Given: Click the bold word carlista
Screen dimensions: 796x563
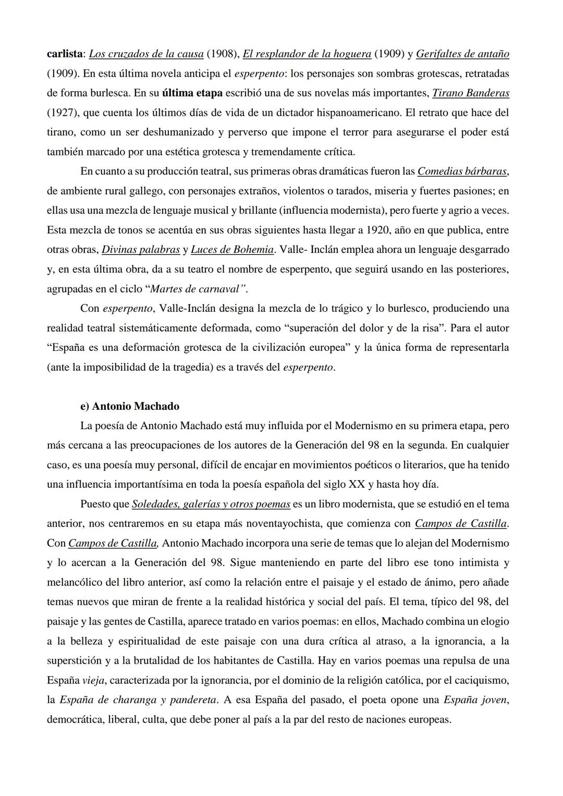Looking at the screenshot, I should pyautogui.click(x=66, y=54).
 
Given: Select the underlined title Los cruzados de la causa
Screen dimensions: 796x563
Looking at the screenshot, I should pyautogui.click(x=146, y=54).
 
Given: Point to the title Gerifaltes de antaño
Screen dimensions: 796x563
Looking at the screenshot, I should pyautogui.click(x=462, y=54).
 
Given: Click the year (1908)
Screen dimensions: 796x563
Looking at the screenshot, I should pyautogui.click(x=223, y=54).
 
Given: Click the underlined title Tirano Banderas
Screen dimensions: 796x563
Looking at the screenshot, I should pyautogui.click(x=471, y=93).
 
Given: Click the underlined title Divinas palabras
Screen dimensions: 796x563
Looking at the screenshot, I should pyautogui.click(x=141, y=250).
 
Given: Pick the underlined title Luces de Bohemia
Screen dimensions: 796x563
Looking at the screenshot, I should pyautogui.click(x=232, y=250).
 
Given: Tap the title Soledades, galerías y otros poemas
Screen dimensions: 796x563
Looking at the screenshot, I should pyautogui.click(x=211, y=504).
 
